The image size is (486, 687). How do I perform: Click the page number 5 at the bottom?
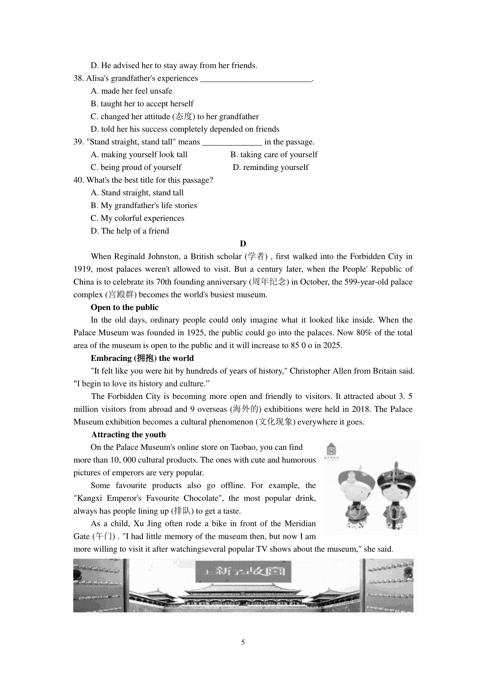point(243,642)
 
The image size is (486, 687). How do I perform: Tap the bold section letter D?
point(243,244)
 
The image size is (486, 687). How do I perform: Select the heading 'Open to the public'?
point(124,307)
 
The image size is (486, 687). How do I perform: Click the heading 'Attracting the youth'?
point(128,435)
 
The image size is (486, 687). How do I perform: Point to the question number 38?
point(79,78)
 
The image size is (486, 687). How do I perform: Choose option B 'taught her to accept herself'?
point(142,104)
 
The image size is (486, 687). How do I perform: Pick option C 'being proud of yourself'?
point(136,168)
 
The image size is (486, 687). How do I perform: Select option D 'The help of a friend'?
point(130,231)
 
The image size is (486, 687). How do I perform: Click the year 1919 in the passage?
point(83,269)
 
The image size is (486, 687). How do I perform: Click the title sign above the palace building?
point(243,571)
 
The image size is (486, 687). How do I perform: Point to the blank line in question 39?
point(232,142)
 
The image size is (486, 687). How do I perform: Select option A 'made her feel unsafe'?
point(132,91)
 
